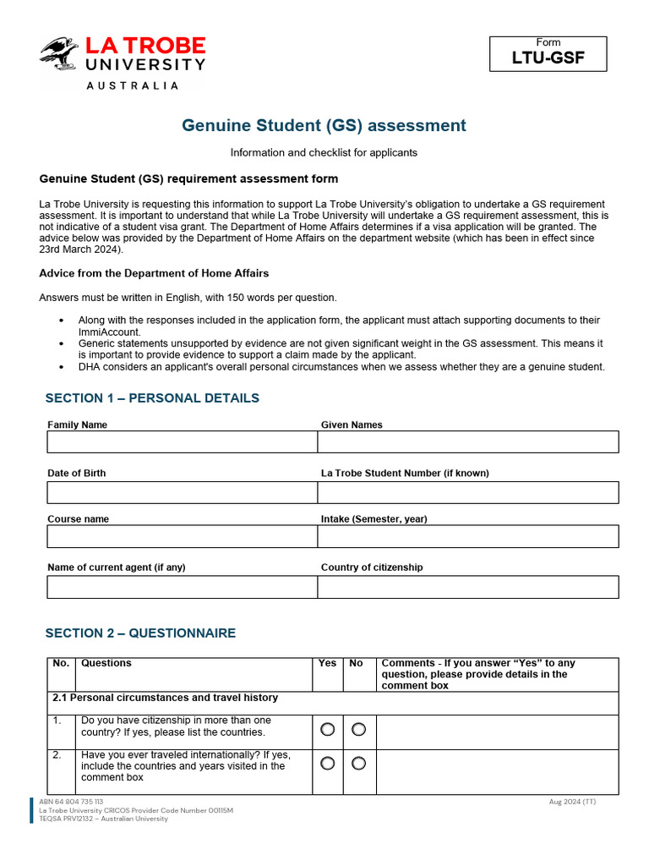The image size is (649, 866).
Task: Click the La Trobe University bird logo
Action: (59, 54)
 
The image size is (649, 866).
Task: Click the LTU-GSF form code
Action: (548, 59)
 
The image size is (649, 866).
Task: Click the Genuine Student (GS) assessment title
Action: (324, 126)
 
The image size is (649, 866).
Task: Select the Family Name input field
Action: (182, 442)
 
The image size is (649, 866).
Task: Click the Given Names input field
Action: (467, 442)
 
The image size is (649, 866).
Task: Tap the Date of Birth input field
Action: (182, 493)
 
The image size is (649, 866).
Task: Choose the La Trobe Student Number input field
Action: (467, 493)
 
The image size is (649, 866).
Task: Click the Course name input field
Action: (182, 537)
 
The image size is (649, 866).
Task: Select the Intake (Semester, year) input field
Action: (467, 537)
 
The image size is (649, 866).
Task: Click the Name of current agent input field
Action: (182, 588)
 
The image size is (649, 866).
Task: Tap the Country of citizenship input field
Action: (467, 588)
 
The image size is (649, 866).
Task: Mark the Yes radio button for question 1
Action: (327, 729)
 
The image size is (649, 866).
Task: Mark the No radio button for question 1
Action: (358, 729)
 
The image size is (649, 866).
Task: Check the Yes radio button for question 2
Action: (327, 764)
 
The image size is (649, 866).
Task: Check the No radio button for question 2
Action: (358, 764)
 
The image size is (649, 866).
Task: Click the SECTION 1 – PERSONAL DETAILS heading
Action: (152, 398)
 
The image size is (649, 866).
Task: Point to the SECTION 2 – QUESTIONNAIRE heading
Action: (140, 633)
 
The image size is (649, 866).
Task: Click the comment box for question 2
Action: (497, 771)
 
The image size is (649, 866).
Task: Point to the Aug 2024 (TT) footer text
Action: (572, 802)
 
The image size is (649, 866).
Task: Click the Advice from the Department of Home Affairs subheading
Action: (154, 273)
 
